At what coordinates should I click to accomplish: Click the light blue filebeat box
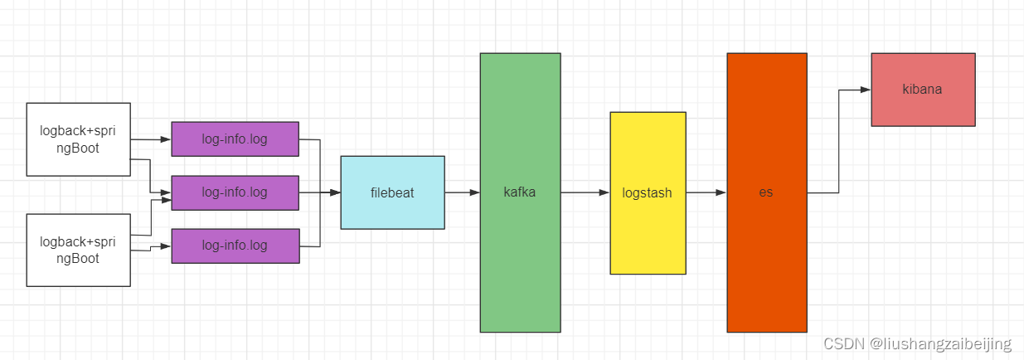tap(393, 192)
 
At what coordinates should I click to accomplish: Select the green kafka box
tap(520, 192)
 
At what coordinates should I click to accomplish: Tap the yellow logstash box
tap(648, 193)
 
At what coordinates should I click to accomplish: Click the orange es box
tap(767, 192)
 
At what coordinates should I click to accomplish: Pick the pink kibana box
tap(924, 90)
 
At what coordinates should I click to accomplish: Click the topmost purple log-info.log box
tap(235, 139)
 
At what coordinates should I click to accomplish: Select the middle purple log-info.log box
tap(235, 193)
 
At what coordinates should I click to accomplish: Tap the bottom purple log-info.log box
tap(235, 246)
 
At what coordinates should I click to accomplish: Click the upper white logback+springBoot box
tap(78, 139)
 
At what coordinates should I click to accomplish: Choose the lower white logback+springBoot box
tap(78, 251)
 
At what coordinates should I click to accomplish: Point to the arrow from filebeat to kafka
tap(462, 192)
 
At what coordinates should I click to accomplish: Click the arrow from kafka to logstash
tap(585, 192)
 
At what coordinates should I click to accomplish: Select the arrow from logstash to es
tap(706, 192)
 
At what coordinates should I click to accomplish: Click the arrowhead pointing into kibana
tap(866, 90)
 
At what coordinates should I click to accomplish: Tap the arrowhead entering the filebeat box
tap(335, 192)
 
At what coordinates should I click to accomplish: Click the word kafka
tap(519, 192)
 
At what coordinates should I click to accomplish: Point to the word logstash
tap(647, 193)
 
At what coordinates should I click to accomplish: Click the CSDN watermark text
tap(917, 343)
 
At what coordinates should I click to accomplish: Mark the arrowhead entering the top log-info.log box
tap(166, 139)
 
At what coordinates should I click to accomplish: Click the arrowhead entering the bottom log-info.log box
tap(166, 246)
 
